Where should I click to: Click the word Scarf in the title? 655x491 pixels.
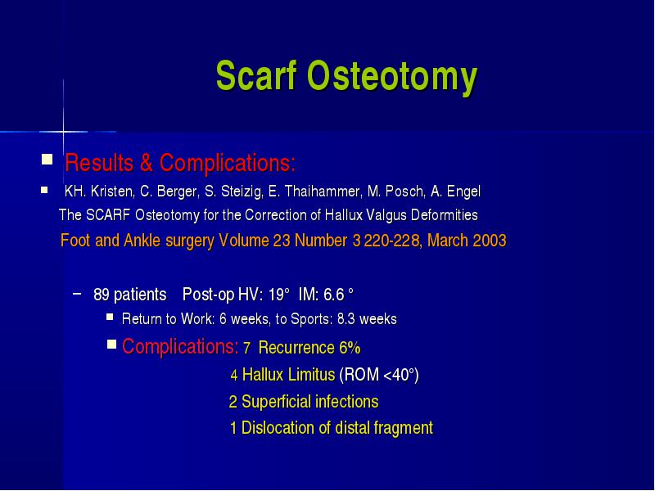[256, 75]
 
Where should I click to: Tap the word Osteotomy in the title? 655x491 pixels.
[392, 77]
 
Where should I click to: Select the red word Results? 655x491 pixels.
[99, 162]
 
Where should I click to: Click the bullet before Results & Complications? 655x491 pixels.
[47, 160]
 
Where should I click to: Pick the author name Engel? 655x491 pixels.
[463, 191]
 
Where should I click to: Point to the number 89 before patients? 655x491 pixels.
[102, 295]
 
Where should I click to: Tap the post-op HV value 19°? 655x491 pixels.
[278, 295]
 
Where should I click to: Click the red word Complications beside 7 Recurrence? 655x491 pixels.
[180, 346]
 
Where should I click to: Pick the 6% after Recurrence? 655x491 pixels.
[350, 347]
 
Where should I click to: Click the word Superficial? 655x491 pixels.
[276, 402]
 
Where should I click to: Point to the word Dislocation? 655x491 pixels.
[277, 428]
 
